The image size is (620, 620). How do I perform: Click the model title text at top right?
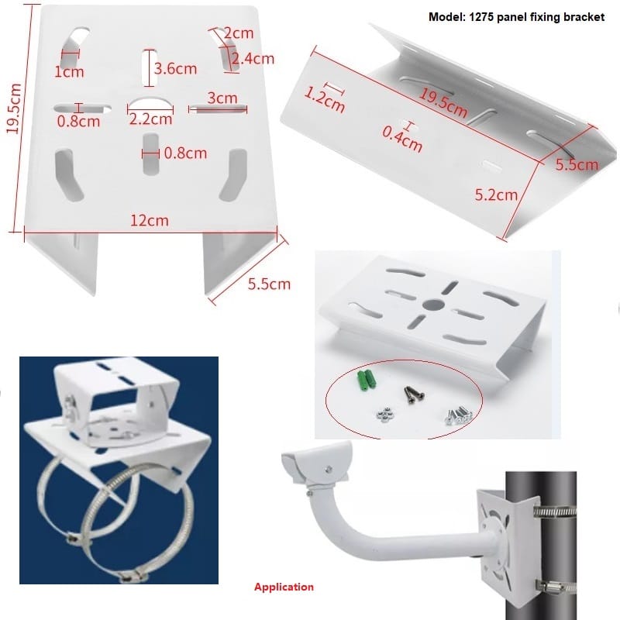pos(515,16)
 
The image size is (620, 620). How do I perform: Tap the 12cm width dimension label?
pos(149,221)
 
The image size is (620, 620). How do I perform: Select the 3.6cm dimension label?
pos(175,68)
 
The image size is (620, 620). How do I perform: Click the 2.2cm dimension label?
pos(150,119)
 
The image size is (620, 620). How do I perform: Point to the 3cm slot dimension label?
pos(222,98)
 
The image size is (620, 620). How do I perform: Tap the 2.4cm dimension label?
pos(253,58)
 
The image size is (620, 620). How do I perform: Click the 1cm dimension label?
pos(69,72)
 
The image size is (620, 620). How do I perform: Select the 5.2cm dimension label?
pos(496,195)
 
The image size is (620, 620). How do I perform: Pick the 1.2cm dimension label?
pos(324,100)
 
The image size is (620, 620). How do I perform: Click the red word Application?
pos(284,587)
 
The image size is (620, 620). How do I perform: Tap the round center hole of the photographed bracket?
pos(430,303)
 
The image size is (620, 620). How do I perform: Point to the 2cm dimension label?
pos(239,33)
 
